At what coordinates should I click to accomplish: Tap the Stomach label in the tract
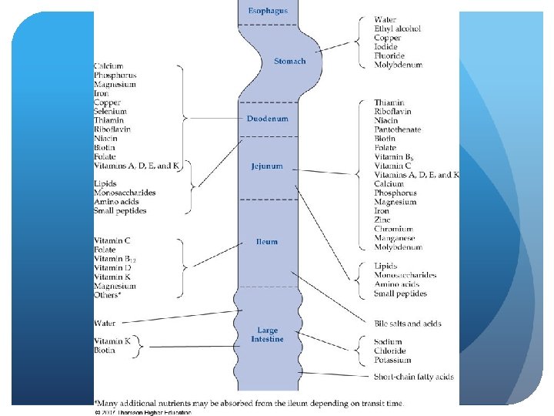pos(289,61)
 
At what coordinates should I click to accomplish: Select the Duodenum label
pos(267,119)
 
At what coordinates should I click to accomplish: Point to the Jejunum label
pos(266,166)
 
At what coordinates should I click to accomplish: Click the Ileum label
pos(266,242)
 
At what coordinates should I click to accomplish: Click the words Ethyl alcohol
pos(397,29)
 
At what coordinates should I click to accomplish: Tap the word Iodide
pos(385,47)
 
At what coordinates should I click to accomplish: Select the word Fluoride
pos(390,56)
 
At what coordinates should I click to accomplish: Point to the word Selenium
pos(111,112)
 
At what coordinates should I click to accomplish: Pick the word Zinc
pos(382,220)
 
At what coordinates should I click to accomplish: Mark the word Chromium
pos(394,230)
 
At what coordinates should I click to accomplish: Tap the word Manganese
pos(395,239)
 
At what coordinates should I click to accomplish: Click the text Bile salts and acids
pos(408,324)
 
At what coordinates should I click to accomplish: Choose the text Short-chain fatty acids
pos(413,377)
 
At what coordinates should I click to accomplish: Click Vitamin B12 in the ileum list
pos(114,259)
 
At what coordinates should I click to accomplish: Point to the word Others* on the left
pos(108,295)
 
